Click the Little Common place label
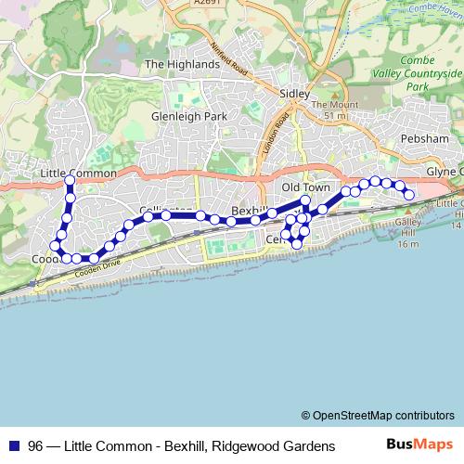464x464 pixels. (80, 174)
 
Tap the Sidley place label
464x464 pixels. (296, 94)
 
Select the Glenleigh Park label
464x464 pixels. (188, 118)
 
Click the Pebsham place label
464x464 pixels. (427, 138)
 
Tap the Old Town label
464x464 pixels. (305, 187)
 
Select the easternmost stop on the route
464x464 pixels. (408, 194)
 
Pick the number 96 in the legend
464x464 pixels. (35, 445)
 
